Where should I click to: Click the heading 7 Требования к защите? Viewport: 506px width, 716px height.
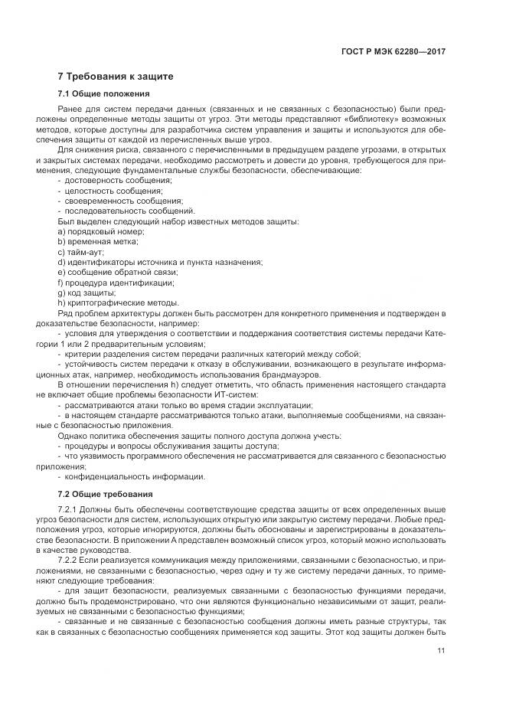(x=116, y=77)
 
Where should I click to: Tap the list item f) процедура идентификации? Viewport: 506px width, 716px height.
(x=110, y=283)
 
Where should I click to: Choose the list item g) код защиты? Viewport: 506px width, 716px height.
(x=87, y=293)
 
